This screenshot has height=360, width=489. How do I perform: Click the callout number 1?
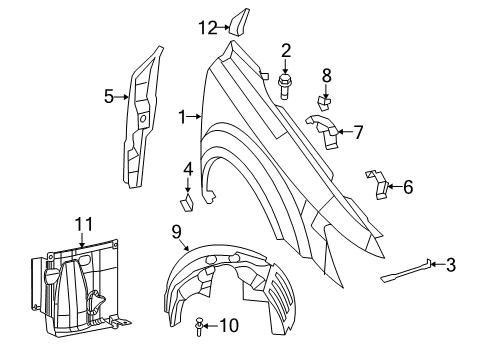(x=183, y=117)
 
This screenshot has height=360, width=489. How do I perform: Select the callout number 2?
(x=285, y=50)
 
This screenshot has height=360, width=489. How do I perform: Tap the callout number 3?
(x=450, y=264)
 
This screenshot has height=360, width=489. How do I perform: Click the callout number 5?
(x=109, y=96)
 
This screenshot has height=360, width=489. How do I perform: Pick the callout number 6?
(x=407, y=185)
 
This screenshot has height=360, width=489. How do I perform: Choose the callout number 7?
(x=357, y=131)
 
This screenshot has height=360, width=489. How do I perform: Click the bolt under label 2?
(x=285, y=81)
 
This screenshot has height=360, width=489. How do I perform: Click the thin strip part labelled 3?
(x=405, y=272)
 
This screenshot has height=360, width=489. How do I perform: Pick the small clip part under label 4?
(x=187, y=204)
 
